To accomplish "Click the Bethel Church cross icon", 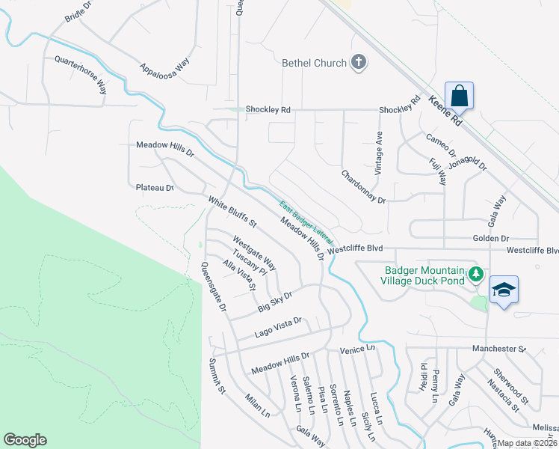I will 359,63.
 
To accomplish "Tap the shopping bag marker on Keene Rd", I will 459,96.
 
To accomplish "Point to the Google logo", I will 25,440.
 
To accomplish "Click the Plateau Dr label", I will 155,188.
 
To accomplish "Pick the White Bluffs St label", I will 232,213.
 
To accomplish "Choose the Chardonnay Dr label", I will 363,187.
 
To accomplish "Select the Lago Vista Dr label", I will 277,325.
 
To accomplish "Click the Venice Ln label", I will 356,349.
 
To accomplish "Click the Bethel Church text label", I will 314,64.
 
